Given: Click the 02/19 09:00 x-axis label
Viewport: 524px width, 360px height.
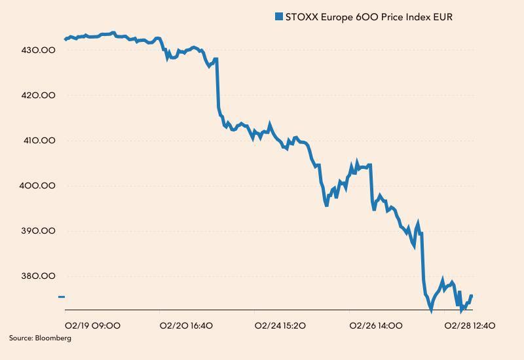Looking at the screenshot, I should click(92, 325).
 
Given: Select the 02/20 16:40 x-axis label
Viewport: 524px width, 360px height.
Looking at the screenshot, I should click(187, 325).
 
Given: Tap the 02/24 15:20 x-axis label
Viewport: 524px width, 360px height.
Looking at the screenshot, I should click(280, 325).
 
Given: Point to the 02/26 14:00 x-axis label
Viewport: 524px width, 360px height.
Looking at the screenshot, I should click(376, 325).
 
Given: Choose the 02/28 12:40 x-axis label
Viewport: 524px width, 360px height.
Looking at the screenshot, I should click(470, 325).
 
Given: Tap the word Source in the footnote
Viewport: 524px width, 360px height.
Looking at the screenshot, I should click(20, 338).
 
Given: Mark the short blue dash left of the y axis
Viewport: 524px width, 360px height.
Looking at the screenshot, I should click(62, 297).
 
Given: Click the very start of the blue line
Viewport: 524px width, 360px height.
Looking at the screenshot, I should click(65, 39).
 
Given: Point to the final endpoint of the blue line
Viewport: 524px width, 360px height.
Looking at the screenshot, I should click(472, 296).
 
